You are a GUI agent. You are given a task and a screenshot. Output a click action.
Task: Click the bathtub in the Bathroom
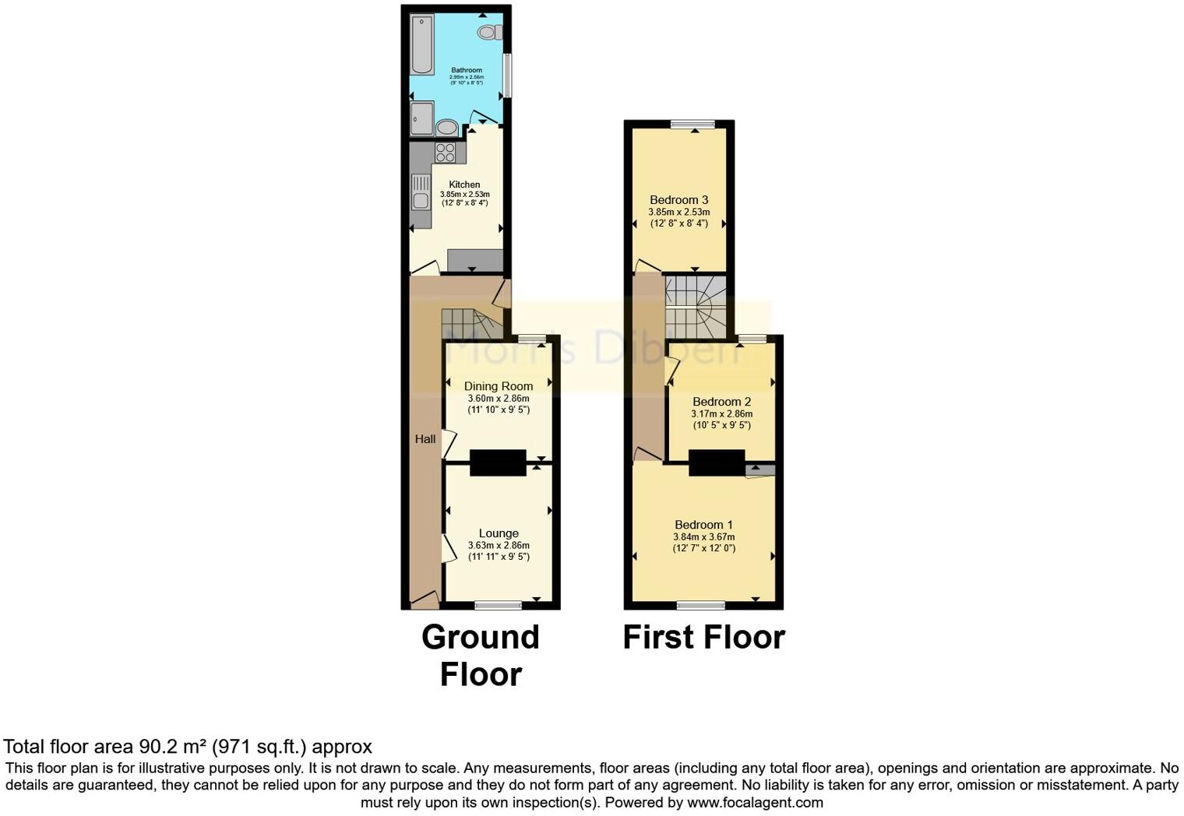(422, 44)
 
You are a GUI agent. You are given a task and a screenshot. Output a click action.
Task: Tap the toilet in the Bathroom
(490, 32)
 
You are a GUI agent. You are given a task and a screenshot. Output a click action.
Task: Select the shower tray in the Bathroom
(421, 118)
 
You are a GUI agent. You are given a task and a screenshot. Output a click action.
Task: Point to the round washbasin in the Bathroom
(446, 127)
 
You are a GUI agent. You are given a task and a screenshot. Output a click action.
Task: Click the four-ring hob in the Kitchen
(446, 153)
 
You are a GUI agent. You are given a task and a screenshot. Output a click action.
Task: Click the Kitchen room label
(464, 185)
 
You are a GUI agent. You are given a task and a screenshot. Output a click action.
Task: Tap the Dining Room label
(499, 386)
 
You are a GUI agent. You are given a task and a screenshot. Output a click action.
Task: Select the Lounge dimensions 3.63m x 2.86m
(499, 546)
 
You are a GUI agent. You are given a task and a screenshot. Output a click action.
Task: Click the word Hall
(425, 439)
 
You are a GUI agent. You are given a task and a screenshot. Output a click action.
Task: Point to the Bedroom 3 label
(679, 200)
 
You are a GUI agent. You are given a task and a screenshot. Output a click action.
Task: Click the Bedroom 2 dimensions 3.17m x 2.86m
(721, 414)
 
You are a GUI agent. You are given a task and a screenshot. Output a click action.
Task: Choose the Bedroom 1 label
(703, 525)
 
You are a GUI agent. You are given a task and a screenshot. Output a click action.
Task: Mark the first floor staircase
(696, 307)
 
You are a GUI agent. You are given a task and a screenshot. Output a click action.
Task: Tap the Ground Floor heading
(481, 655)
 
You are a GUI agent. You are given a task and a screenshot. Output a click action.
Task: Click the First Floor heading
(703, 637)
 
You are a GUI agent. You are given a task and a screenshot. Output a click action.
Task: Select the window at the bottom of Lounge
(499, 605)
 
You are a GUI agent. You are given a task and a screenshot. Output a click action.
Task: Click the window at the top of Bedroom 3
(693, 124)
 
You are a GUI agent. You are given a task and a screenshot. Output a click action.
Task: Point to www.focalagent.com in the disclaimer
(754, 802)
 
